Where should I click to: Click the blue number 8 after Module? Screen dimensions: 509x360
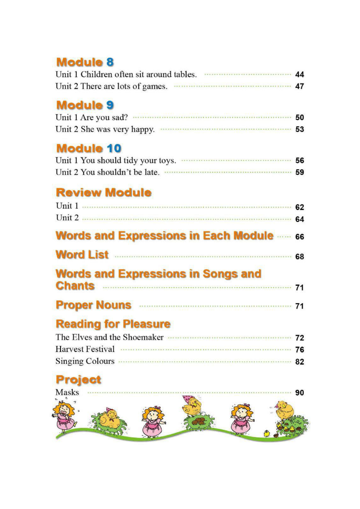pos(110,62)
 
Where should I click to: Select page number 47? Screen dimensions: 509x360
pos(299,86)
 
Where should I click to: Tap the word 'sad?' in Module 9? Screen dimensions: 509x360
pos(120,117)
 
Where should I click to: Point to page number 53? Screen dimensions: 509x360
pos(299,129)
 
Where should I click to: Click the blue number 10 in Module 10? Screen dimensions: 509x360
pos(114,148)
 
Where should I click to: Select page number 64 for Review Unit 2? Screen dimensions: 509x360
pos(299,219)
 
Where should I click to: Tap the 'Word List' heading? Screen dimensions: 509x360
pos(82,255)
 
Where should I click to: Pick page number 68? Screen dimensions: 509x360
pos(299,257)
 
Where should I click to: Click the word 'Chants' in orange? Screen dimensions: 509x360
pos(75,286)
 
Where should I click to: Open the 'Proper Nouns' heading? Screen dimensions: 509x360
pos(93,305)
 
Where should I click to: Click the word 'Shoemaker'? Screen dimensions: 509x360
pos(143,337)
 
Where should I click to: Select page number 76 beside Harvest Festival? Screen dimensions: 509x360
pos(299,350)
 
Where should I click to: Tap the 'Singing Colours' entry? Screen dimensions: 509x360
pos(85,361)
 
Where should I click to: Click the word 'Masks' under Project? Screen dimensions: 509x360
pos(67,392)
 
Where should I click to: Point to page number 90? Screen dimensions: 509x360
pos(299,393)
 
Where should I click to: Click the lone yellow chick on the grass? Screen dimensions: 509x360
pos(267,434)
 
